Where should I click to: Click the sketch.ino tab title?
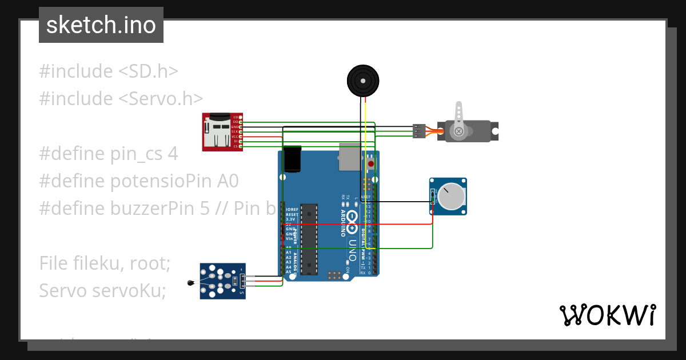click(x=101, y=25)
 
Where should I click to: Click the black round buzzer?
click(x=364, y=81)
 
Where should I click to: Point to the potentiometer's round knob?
click(x=452, y=195)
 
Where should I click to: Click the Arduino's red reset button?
click(x=371, y=164)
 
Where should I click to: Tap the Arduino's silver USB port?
click(x=349, y=157)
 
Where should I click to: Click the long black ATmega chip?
click(x=309, y=238)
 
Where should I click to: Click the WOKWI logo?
click(x=607, y=315)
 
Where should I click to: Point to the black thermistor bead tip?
click(x=190, y=282)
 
